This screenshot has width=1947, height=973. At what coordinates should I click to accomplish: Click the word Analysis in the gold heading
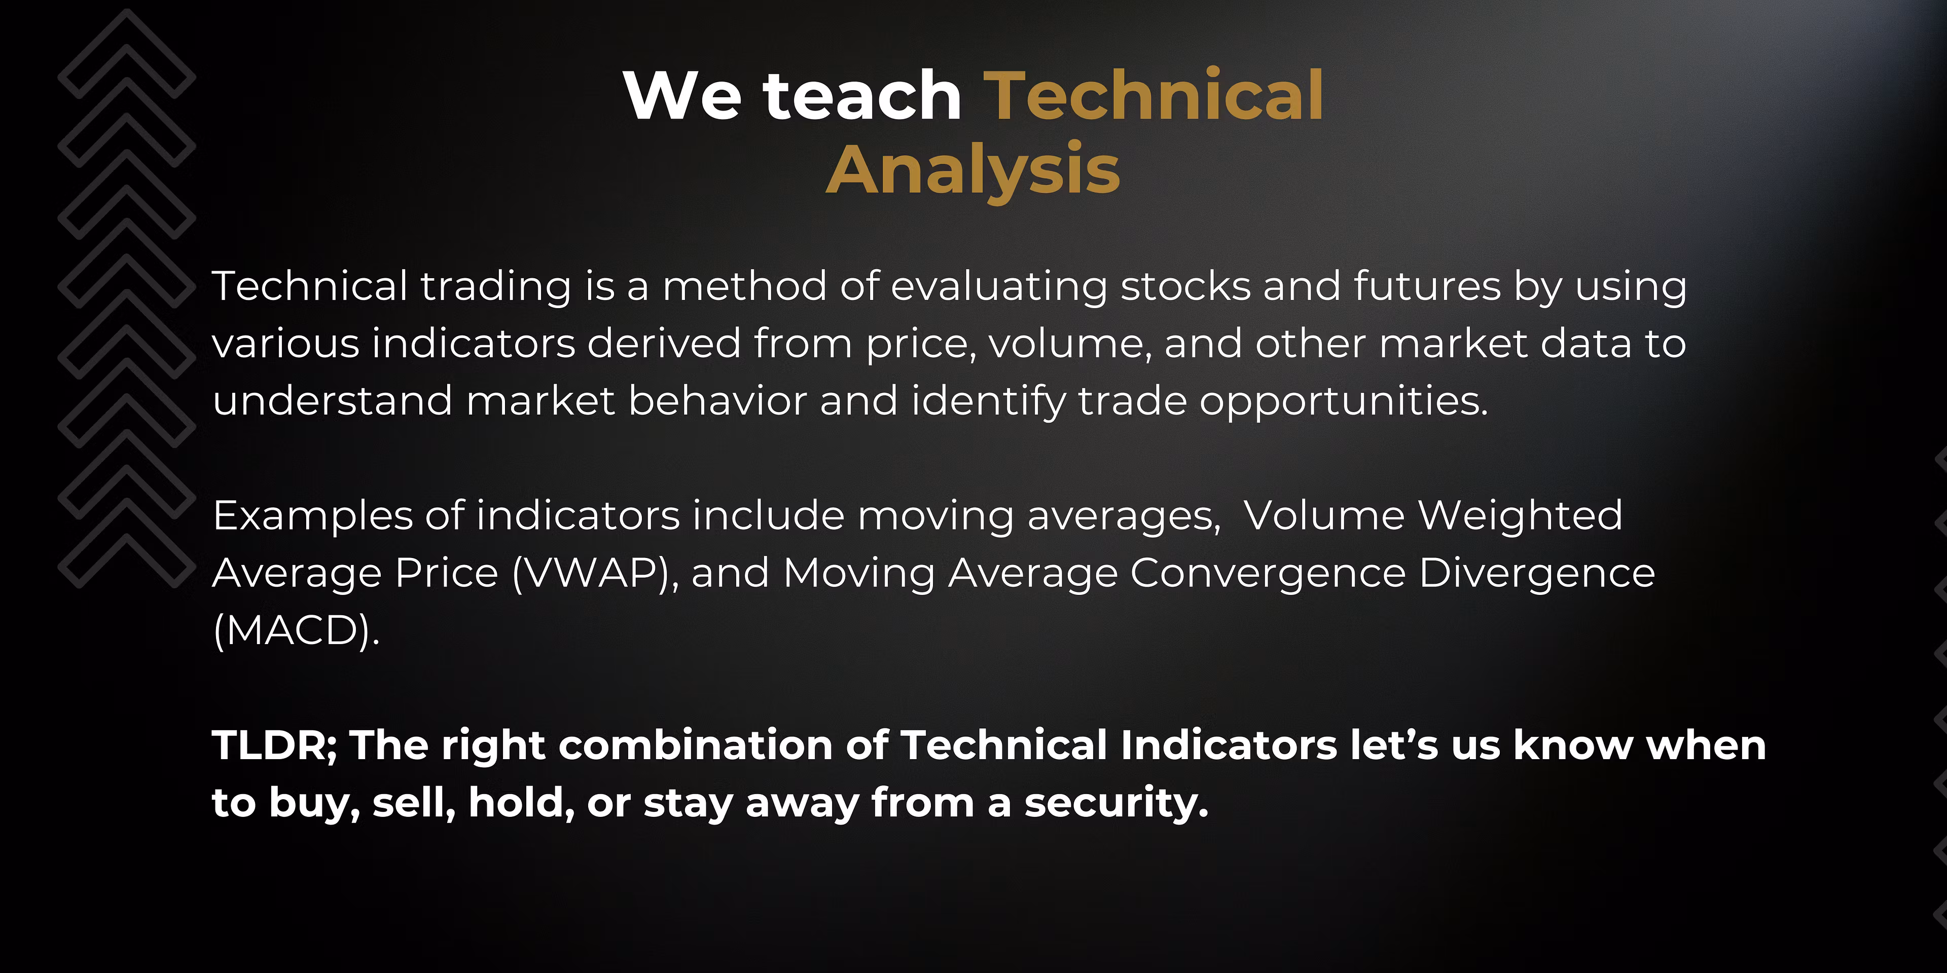point(973,171)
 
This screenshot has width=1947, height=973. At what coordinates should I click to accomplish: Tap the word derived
point(664,344)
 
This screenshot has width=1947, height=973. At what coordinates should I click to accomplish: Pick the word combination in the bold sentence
point(695,745)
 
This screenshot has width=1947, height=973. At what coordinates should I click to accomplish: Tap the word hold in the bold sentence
point(522,802)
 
